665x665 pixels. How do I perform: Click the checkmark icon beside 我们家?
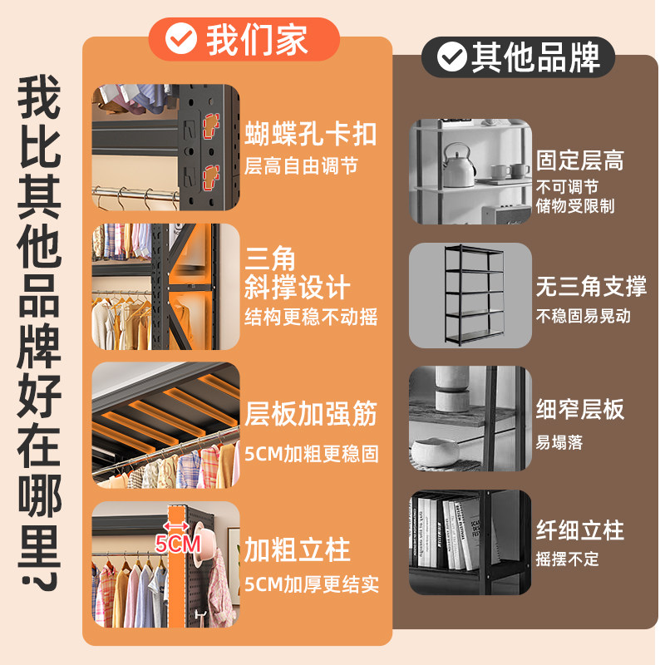(181, 39)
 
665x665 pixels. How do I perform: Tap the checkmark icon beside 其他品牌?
(451, 57)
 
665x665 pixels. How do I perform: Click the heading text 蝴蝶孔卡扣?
(311, 134)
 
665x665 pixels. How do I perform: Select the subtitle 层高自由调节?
(301, 166)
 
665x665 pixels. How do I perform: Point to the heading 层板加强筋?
(311, 413)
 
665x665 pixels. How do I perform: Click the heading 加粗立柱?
(298, 549)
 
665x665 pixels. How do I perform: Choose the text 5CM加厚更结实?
(311, 584)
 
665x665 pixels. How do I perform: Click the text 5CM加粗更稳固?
(311, 454)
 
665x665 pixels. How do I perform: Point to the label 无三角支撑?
(591, 288)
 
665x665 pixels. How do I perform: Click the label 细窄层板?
(579, 410)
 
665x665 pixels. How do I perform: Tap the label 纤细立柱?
(579, 530)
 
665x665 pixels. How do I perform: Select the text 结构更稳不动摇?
(311, 318)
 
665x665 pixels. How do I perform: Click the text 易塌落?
(559, 442)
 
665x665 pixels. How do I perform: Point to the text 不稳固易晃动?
(583, 316)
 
